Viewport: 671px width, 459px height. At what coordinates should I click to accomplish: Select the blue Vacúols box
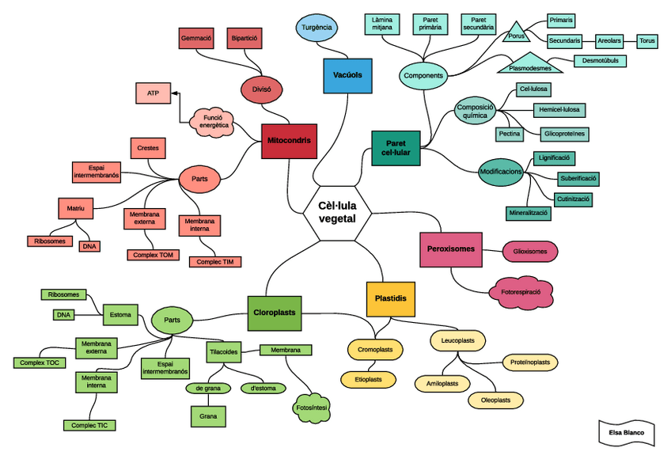pos(347,76)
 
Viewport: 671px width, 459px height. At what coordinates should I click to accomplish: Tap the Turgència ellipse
pos(317,28)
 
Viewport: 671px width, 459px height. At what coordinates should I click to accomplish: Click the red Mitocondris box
pos(289,141)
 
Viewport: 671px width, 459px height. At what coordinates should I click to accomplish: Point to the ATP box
pos(153,93)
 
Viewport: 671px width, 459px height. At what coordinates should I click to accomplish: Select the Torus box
pos(647,40)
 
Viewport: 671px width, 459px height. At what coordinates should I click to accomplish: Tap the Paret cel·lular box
pos(396,147)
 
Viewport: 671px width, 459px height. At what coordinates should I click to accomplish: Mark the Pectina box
pos(510,135)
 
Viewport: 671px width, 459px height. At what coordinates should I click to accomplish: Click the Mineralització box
pos(528,213)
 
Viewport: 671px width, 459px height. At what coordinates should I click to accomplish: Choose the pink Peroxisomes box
pos(451,249)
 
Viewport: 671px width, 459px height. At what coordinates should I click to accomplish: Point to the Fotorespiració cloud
pos(521,292)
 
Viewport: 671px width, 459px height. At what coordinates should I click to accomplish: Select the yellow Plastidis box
pos(391,299)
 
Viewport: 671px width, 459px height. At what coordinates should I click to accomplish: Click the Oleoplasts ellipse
pos(495,400)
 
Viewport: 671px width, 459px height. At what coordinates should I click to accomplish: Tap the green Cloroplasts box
pos(274,313)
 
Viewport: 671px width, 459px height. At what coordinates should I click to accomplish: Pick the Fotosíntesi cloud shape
pos(311,407)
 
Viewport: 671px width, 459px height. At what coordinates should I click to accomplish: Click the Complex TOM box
pos(153,255)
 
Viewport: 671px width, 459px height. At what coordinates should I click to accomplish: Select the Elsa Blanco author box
pos(626,433)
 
